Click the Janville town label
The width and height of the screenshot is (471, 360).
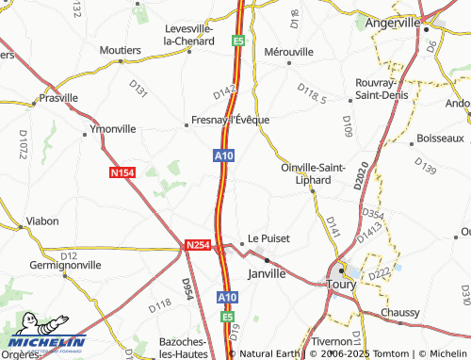tap(265, 273)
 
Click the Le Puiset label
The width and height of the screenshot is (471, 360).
tap(268, 239)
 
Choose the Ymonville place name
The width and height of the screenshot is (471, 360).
tap(112, 128)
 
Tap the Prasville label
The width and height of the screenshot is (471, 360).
tap(59, 98)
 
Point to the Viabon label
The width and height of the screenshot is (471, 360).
tap(43, 221)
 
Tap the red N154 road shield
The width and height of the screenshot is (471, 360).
tap(122, 172)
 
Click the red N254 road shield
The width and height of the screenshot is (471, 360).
tap(197, 245)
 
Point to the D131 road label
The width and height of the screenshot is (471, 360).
tap(138, 90)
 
